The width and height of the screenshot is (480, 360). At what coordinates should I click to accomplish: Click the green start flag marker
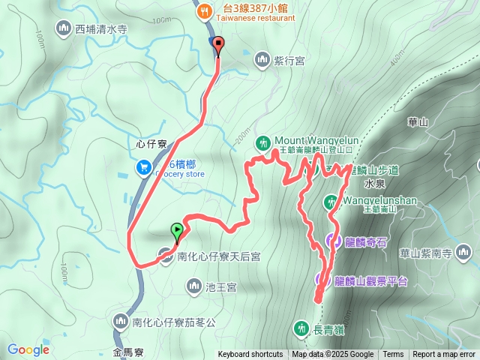coord(177,231)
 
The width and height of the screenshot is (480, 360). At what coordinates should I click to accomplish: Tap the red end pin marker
coord(218,45)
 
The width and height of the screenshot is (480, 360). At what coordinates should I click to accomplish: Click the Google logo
coord(28,349)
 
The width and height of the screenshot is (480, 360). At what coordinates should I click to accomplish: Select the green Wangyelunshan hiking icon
coord(331,202)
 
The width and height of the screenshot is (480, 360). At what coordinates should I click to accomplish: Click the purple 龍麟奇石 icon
coord(331,241)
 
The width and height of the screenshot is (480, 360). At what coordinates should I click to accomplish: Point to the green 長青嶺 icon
coord(301,327)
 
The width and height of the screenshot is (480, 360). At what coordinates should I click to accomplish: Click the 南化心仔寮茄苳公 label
coord(173,322)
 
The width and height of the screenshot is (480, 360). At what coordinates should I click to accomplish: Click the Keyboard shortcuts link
coord(250,355)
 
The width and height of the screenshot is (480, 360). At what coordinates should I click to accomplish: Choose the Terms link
coord(393,355)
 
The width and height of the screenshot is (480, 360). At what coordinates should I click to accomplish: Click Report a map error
coord(444,355)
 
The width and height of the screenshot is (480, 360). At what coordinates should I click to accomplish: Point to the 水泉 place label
coord(374,183)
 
